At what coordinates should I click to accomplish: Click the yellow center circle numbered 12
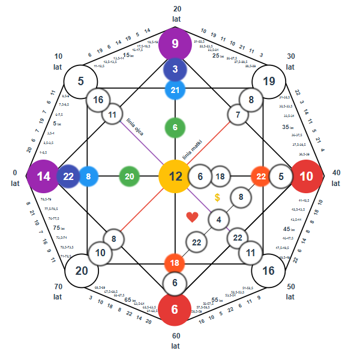pos(175,176)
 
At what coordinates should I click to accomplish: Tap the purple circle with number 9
pos(175,44)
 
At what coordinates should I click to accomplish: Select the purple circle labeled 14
pos(43,176)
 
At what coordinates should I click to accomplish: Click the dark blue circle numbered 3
pos(175,70)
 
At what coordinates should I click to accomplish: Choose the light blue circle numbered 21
pos(175,90)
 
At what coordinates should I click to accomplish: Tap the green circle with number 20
pos(130,176)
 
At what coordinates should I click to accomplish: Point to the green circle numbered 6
pos(175,128)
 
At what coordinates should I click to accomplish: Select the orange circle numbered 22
pos(261,176)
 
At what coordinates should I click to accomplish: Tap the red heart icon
pos(192,217)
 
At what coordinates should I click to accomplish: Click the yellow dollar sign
pos(217,197)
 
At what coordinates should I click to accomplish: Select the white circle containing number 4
pos(219,220)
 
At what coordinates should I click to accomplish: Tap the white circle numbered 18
pos(220,176)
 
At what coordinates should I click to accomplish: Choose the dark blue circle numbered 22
pos(68,176)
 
